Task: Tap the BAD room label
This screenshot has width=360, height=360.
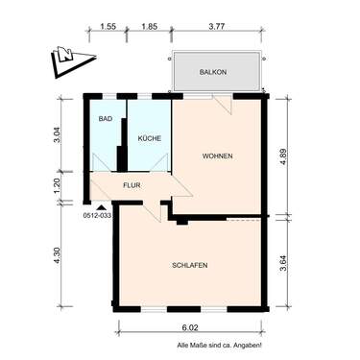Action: tap(105, 119)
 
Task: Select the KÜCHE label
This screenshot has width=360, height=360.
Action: tap(149, 139)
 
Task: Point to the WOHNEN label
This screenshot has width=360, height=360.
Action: tap(217, 156)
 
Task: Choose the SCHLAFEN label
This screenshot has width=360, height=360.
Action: tap(190, 266)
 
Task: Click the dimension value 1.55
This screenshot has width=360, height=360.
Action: tap(107, 28)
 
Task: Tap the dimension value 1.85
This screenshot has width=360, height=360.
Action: tap(149, 28)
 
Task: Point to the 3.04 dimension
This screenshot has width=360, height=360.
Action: tap(59, 134)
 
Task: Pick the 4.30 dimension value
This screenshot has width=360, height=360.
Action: tap(59, 258)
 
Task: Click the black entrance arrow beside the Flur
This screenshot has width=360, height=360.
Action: tap(100, 204)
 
